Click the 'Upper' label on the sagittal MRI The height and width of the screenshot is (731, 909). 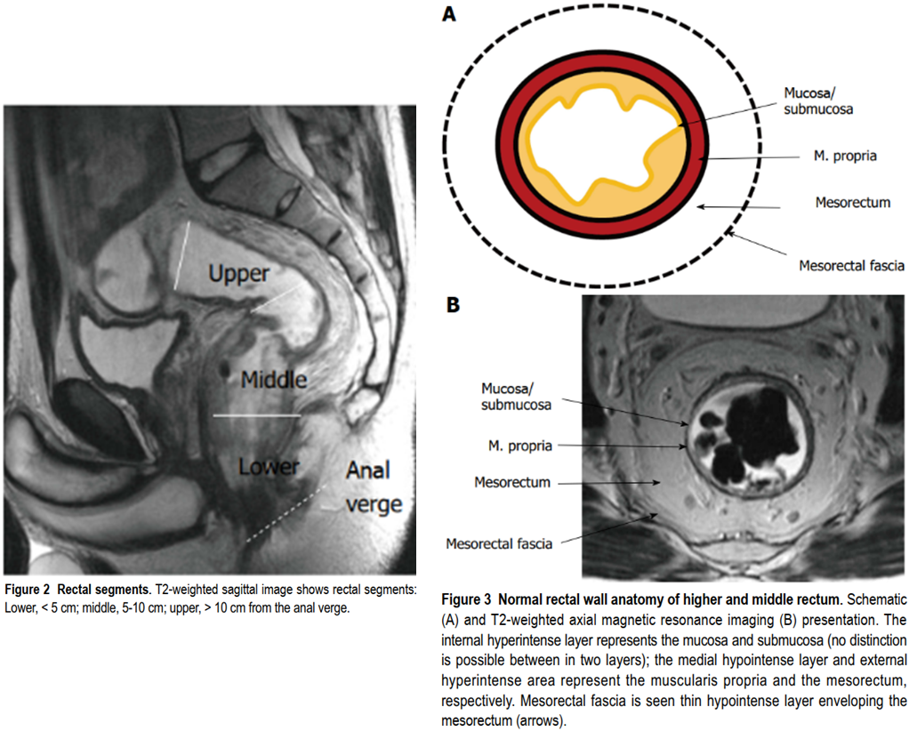[239, 274]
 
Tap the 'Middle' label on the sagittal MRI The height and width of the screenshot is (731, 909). [274, 380]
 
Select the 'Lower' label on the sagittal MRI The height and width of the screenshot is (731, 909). [269, 466]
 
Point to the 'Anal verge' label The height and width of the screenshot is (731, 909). [374, 487]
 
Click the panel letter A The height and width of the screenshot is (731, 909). [448, 13]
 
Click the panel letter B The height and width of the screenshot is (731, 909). [453, 304]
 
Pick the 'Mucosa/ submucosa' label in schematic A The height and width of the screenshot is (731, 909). [818, 100]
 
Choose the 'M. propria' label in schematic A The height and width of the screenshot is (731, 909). [845, 156]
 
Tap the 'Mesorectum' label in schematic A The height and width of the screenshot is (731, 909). [852, 203]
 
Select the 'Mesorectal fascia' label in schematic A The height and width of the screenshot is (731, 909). [851, 266]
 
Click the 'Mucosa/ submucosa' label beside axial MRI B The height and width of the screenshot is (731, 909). [516, 397]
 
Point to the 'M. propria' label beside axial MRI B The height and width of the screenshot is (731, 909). [520, 446]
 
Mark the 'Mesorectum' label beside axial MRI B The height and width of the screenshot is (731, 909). [512, 482]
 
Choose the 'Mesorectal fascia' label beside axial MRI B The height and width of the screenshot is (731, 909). [499, 543]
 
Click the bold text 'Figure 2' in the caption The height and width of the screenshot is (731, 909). [28, 590]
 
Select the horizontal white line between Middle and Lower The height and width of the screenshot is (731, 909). [257, 415]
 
